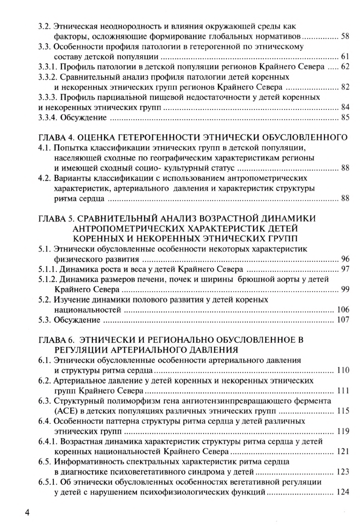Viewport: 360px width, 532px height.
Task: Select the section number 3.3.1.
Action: click(x=48, y=67)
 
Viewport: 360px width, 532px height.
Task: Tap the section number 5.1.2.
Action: click(x=48, y=279)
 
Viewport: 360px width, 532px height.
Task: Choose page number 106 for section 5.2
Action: click(x=343, y=310)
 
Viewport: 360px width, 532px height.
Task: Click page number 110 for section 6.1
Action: click(x=343, y=370)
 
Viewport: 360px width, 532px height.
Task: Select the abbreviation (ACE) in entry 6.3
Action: click(x=66, y=412)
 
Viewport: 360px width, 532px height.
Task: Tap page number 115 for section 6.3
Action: click(x=343, y=412)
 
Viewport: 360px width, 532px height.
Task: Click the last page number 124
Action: click(x=343, y=493)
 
